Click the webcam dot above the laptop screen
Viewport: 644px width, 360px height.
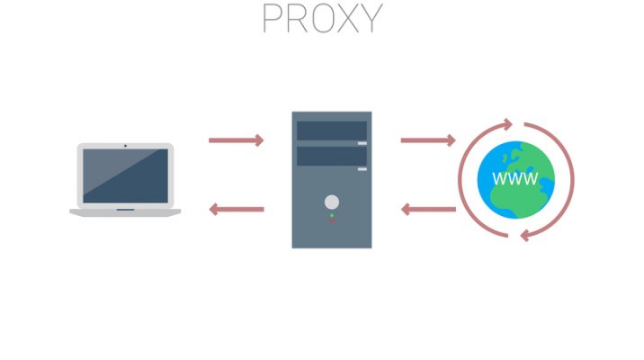pyautogui.click(x=125, y=145)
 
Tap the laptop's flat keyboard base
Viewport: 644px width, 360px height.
pyautogui.click(x=125, y=211)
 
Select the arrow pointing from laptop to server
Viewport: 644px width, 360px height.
pyautogui.click(x=236, y=139)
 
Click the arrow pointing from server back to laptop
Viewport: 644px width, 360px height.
pyautogui.click(x=236, y=210)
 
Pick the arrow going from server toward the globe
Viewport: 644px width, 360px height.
pyautogui.click(x=428, y=139)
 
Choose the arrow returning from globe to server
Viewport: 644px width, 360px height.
pyautogui.click(x=428, y=210)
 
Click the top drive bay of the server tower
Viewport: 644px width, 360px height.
pyautogui.click(x=332, y=131)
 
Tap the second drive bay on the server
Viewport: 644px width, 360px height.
pyautogui.click(x=332, y=157)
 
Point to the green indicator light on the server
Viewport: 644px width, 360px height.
pyautogui.click(x=332, y=215)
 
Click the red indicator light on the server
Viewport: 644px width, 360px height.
pyautogui.click(x=332, y=221)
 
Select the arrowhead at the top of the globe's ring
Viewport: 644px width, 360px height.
pyautogui.click(x=509, y=122)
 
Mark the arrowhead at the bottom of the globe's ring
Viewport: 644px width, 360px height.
pyautogui.click(x=524, y=235)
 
